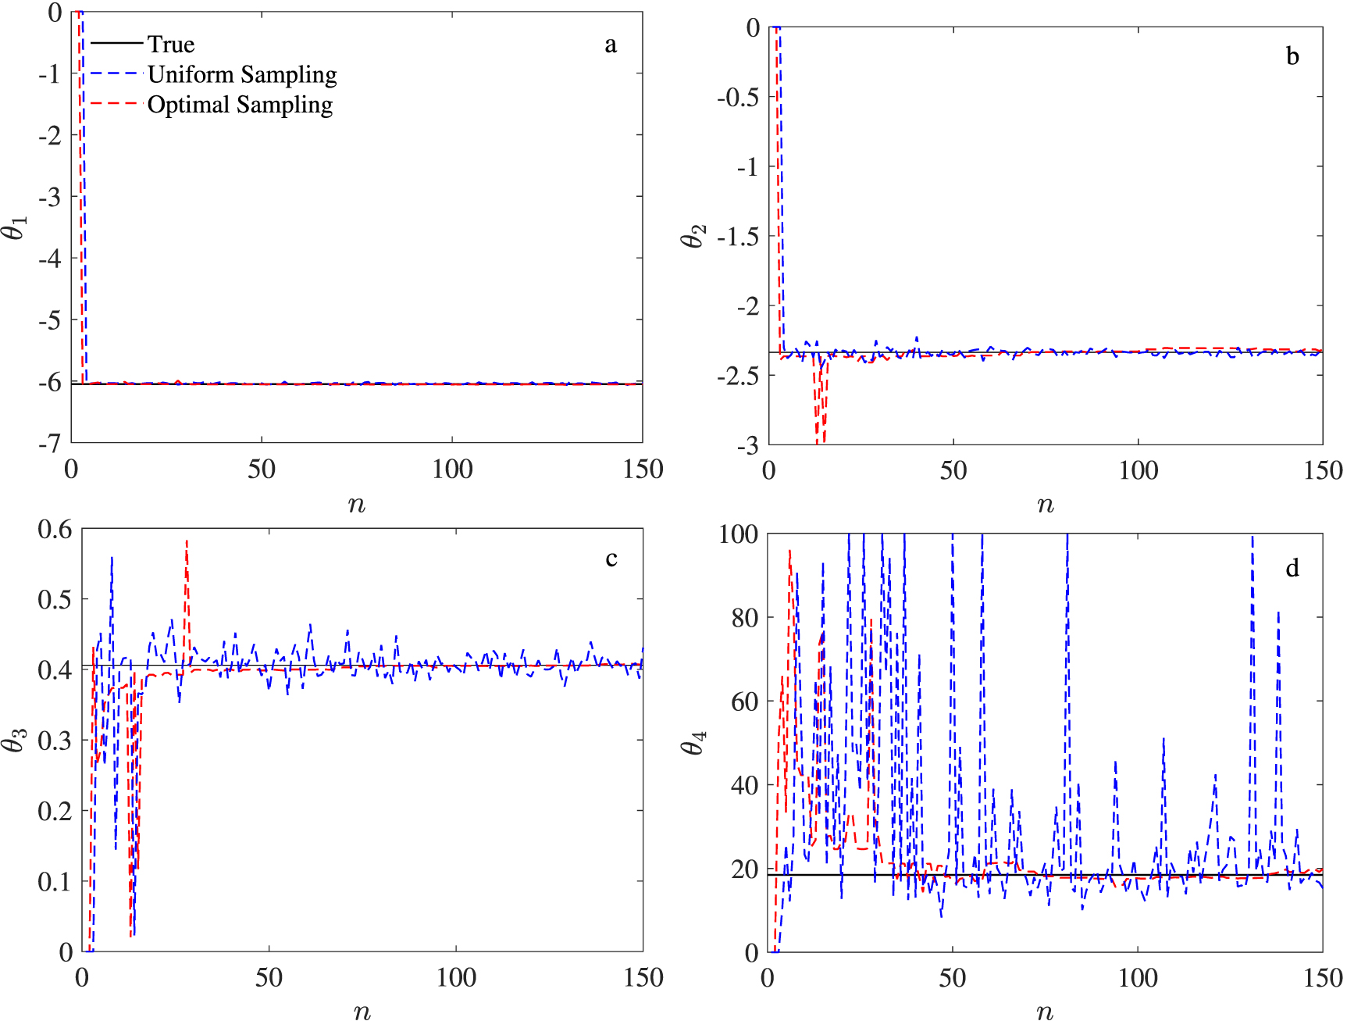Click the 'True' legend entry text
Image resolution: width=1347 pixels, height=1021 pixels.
point(170,44)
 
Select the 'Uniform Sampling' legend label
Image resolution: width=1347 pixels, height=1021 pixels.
point(242,74)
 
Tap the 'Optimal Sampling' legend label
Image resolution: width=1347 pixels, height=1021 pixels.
point(240,105)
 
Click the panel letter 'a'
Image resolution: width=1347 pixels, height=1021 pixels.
point(611,45)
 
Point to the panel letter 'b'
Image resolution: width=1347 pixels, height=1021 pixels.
point(1292,56)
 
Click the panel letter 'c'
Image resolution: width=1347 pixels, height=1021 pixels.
point(611,559)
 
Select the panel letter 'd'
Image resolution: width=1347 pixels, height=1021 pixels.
point(1292,568)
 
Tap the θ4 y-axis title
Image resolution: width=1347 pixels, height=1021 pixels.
point(693,742)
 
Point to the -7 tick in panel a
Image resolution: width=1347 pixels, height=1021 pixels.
point(49,444)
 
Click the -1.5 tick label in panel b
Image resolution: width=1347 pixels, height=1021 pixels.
point(738,236)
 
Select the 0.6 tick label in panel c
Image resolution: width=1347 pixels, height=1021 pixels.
point(55,530)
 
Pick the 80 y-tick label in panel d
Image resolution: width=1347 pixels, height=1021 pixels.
point(744,618)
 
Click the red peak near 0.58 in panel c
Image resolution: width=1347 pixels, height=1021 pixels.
point(187,541)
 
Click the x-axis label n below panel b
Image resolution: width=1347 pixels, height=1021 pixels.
point(1045,505)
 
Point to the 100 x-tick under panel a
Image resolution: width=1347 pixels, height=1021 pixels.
point(452,469)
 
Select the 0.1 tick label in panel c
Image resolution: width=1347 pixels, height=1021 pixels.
point(55,881)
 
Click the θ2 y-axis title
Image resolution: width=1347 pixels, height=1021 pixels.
point(693,235)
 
